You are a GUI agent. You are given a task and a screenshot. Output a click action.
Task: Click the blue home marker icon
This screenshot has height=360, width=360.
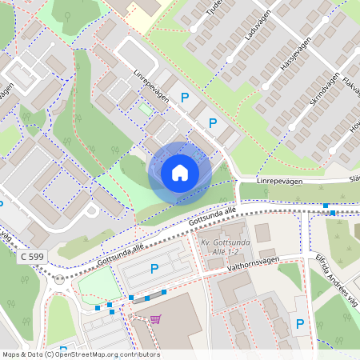coord(180,173)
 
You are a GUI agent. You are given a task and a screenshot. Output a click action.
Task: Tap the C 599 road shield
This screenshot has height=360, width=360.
coord(33,255)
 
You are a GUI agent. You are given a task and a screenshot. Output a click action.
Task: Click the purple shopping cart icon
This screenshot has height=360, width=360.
coord(155,319)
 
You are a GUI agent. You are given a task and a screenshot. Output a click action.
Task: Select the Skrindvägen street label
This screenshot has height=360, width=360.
coord(308,92)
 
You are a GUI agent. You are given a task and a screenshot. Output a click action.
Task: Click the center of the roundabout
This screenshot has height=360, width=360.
coord(59,280)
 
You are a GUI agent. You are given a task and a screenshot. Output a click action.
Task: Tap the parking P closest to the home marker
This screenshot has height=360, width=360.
coord(213,123)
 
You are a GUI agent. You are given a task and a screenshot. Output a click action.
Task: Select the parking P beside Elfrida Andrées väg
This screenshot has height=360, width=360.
coord(300,324)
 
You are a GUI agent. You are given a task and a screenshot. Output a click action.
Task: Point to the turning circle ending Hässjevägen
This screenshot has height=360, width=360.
coord(292,126)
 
